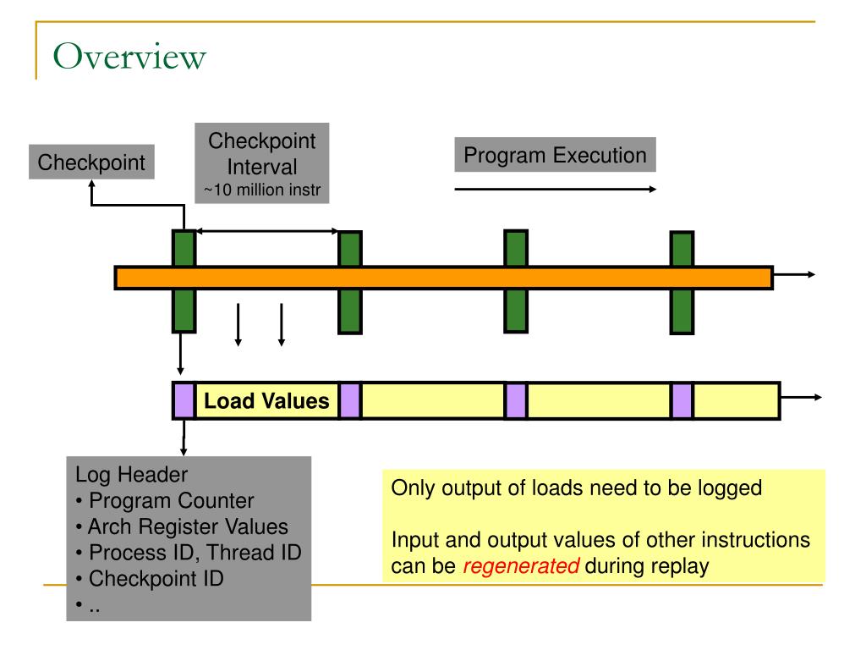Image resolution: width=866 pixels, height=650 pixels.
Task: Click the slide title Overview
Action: (x=129, y=57)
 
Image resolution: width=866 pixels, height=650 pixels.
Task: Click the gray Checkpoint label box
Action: (x=91, y=162)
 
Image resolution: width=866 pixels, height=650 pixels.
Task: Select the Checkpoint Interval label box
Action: (x=262, y=163)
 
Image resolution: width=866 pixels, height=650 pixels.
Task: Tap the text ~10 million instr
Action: (x=262, y=190)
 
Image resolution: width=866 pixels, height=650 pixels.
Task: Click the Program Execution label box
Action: (x=555, y=155)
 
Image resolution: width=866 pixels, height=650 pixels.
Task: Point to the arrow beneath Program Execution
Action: (x=555, y=189)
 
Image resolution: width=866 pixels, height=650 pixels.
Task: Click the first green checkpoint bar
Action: (x=184, y=281)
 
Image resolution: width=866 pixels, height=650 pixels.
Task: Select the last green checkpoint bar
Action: (x=682, y=283)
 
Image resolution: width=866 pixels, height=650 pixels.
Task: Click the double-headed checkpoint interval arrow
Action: (x=267, y=231)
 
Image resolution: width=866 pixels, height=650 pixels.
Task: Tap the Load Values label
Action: (x=266, y=400)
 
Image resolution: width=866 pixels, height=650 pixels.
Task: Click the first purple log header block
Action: (x=184, y=400)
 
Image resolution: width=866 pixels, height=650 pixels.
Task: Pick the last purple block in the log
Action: (x=682, y=400)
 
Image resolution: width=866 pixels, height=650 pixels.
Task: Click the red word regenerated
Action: (x=521, y=566)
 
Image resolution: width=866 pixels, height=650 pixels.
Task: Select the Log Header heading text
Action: (x=131, y=475)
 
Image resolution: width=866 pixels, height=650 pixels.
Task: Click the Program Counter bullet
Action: (x=165, y=501)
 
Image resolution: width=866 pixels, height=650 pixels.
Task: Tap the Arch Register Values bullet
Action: (x=182, y=526)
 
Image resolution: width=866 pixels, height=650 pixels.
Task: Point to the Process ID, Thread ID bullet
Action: (x=189, y=553)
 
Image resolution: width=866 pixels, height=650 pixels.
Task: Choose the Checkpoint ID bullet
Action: (x=150, y=579)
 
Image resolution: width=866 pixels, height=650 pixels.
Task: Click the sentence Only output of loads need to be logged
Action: (x=577, y=488)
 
